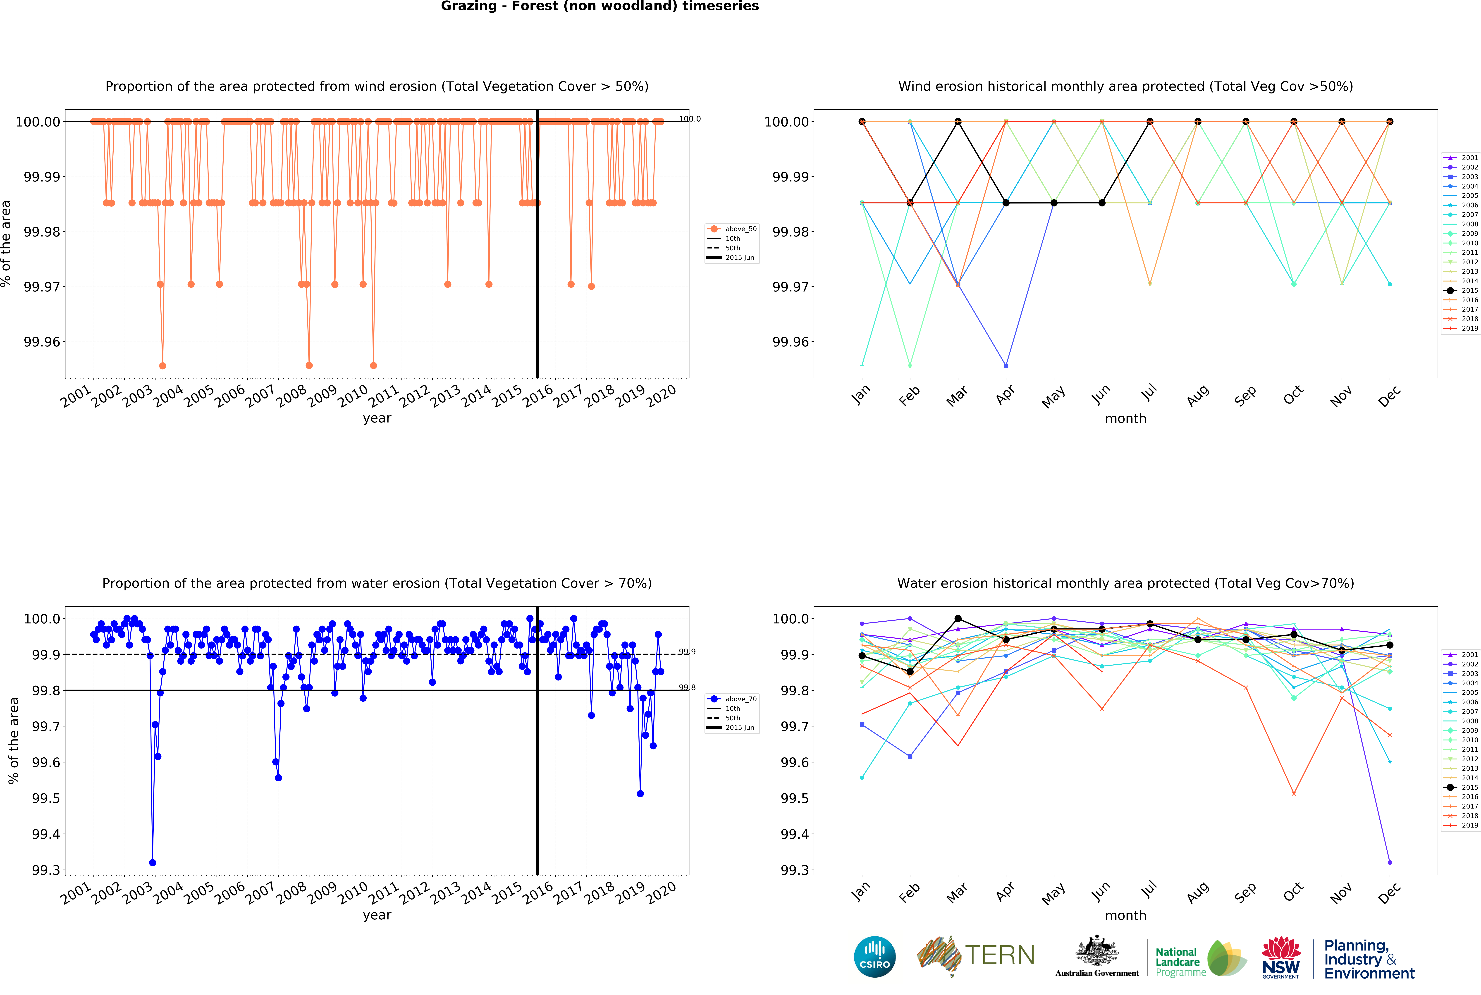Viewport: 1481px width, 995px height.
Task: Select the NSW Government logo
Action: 1280,957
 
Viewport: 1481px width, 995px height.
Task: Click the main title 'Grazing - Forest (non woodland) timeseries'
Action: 600,6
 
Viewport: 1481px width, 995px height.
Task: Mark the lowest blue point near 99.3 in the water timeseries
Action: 152,862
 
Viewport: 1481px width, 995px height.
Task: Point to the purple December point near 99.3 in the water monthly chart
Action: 1390,862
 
